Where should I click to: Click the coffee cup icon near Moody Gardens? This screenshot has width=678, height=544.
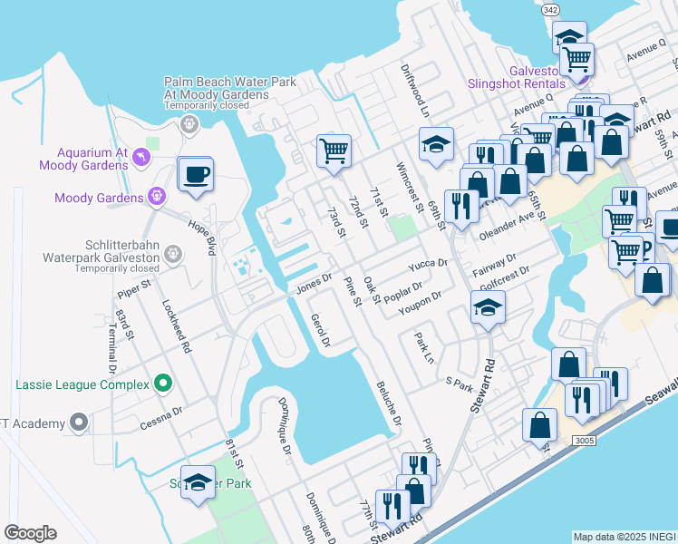coord(195,174)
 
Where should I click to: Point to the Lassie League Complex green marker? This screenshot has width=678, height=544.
coord(163,384)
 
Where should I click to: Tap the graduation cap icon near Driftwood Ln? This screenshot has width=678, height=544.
coord(436,144)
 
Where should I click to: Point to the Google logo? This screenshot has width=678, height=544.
coord(30,533)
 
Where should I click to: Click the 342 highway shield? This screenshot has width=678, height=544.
coord(574,9)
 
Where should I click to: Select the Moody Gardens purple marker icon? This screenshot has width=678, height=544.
coord(156,196)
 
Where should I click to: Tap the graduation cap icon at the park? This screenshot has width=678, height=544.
coord(197,482)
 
